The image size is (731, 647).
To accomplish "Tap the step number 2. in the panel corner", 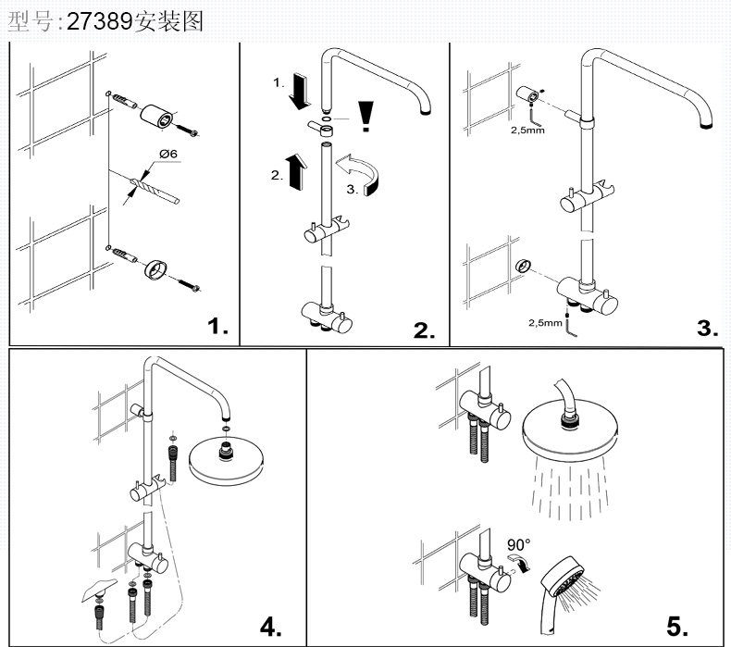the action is [x=424, y=330].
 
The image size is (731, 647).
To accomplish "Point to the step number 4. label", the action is [x=270, y=626].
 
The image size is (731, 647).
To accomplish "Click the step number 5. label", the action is [x=677, y=626].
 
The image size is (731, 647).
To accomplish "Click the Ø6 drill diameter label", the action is [x=168, y=154].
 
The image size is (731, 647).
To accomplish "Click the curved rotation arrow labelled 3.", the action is [x=364, y=174].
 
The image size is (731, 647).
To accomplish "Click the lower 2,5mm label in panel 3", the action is [x=545, y=323].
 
